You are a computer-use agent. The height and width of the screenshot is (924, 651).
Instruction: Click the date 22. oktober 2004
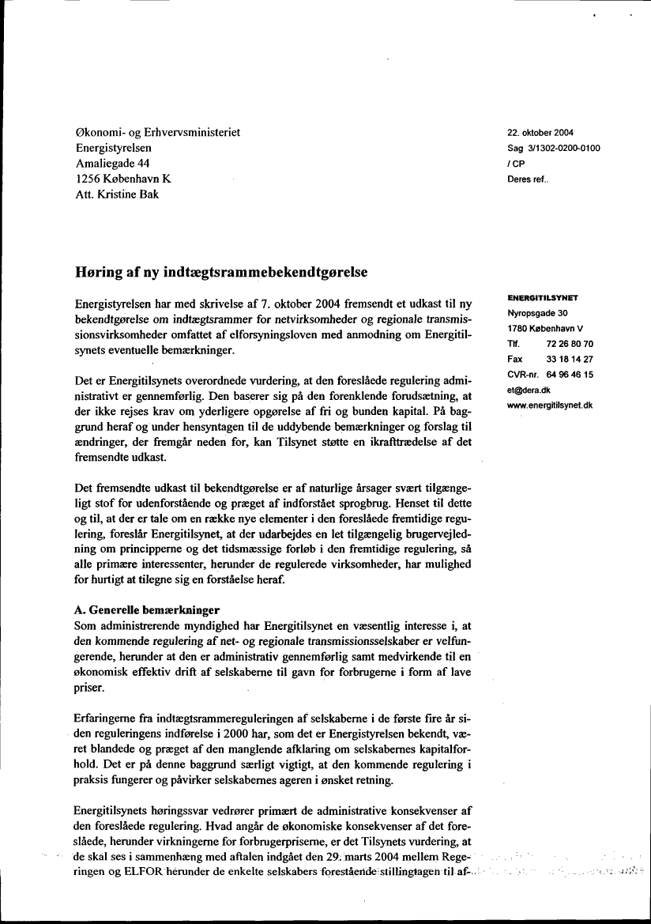pyautogui.click(x=540, y=132)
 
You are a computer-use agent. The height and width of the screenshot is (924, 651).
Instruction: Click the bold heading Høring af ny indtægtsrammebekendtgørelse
pyautogui.click(x=221, y=272)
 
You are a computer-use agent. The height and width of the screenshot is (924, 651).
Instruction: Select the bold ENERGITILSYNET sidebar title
pyautogui.click(x=543, y=298)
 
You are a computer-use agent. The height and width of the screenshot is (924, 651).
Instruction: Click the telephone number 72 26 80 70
pyautogui.click(x=570, y=345)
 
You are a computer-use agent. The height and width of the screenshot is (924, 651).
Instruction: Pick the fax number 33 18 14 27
pyautogui.click(x=570, y=360)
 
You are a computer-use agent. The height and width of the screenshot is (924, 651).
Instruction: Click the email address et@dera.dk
pyautogui.click(x=529, y=390)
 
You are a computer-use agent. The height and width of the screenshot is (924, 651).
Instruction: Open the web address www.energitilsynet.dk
pyautogui.click(x=550, y=405)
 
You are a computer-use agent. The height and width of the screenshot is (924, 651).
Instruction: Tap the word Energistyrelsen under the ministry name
pyautogui.click(x=115, y=148)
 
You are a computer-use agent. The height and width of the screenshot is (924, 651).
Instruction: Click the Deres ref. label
pyautogui.click(x=528, y=179)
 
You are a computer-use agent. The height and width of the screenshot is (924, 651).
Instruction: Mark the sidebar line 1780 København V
pyautogui.click(x=546, y=329)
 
